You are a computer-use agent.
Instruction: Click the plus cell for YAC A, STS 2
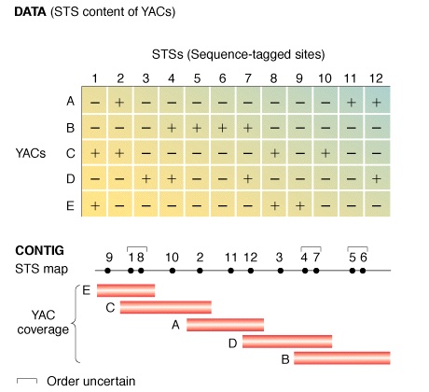point(120,102)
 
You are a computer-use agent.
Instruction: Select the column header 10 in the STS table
point(325,78)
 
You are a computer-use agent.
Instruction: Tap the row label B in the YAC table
point(71,128)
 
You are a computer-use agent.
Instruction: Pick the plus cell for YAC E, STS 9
point(299,205)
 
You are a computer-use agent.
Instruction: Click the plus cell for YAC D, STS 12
point(377,178)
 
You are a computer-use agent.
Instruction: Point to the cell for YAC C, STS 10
point(325,153)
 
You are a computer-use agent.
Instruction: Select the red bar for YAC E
point(126,290)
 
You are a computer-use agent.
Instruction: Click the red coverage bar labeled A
point(225,325)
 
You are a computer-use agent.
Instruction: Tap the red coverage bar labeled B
point(342,357)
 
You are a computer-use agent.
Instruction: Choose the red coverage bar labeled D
point(287,342)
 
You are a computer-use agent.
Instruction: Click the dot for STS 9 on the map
point(108,271)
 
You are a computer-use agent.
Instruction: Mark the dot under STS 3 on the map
point(281,271)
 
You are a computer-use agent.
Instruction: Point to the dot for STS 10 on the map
point(173,271)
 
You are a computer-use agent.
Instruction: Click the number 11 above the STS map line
point(230,258)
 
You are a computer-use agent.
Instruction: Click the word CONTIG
point(39,250)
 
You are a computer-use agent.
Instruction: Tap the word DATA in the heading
point(30,11)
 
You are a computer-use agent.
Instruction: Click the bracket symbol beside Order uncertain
point(27,379)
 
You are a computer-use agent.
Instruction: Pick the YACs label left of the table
point(31,153)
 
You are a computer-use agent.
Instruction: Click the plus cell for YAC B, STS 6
point(223,128)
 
